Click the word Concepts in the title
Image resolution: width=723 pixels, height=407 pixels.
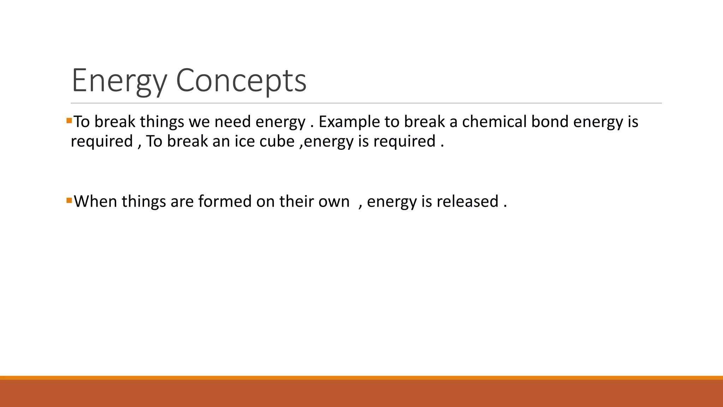point(241,81)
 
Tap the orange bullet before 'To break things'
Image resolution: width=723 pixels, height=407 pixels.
point(69,121)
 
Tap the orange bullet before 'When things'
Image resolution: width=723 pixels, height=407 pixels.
point(69,201)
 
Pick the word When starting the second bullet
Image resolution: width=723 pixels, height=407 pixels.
point(95,201)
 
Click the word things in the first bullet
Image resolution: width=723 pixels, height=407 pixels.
point(162,122)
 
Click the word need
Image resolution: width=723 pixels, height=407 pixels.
point(233,122)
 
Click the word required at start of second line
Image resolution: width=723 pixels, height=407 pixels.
point(102,142)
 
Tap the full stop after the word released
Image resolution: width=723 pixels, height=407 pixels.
point(505,206)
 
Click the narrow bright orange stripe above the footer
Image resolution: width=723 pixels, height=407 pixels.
point(361,378)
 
